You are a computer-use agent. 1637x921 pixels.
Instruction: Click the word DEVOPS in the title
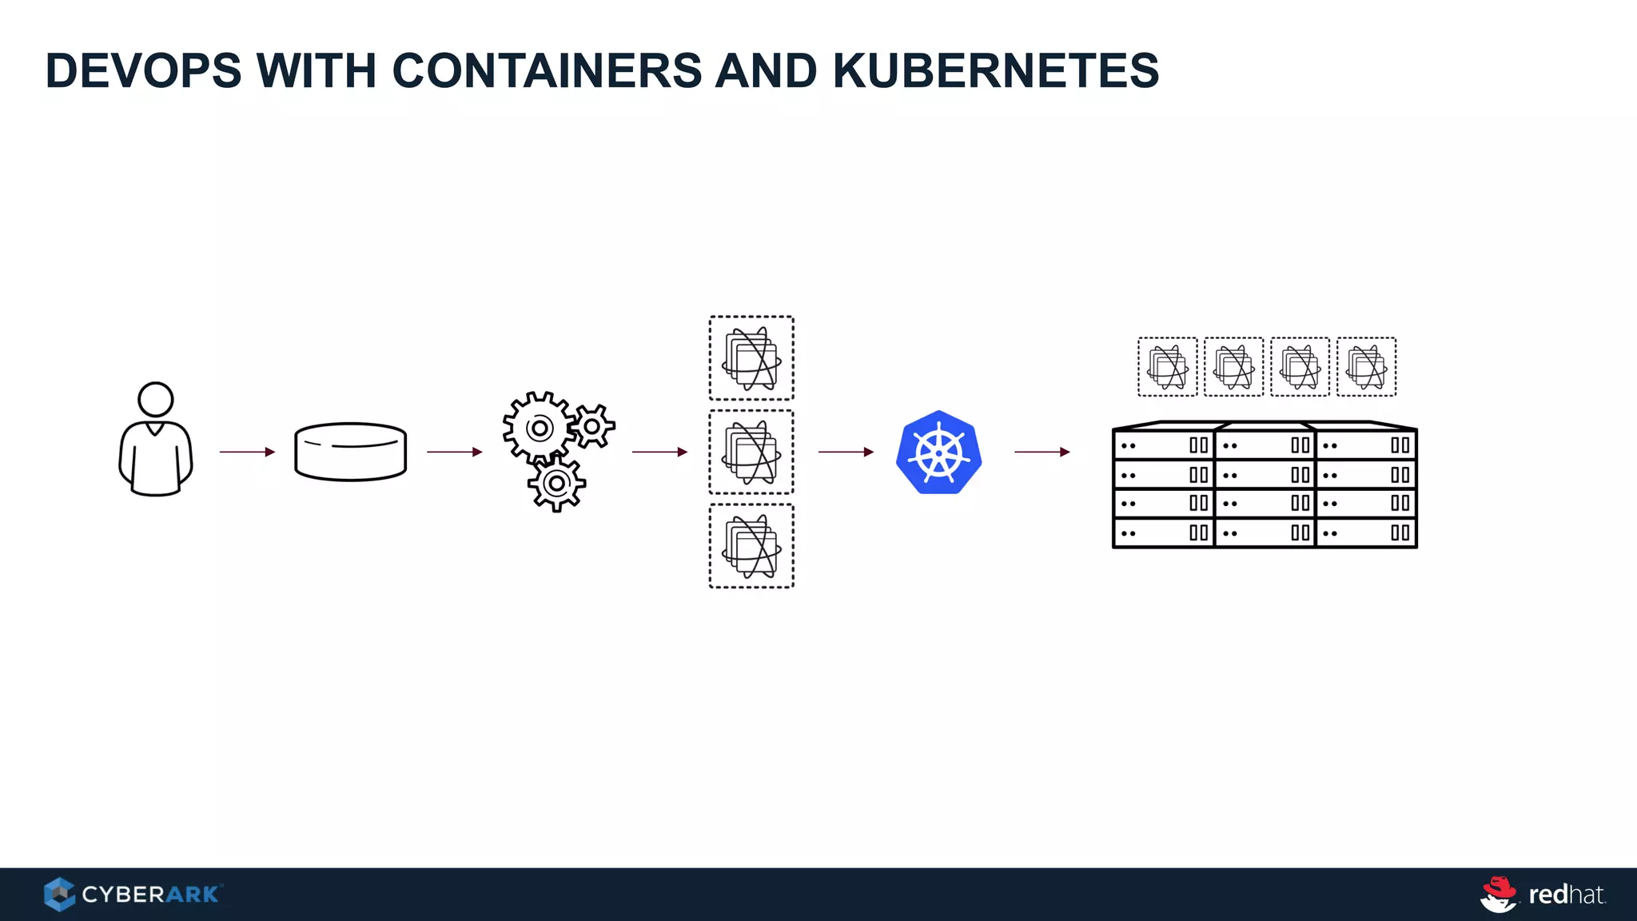144,70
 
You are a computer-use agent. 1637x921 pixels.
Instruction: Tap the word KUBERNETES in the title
995,70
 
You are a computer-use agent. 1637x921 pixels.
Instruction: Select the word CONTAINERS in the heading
546,70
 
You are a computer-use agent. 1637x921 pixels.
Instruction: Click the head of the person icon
156,399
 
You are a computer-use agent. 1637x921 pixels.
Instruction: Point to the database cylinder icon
350,452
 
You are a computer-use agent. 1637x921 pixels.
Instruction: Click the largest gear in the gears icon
540,429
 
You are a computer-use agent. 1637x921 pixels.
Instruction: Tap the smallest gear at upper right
592,426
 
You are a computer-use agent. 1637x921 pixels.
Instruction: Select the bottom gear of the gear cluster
556,483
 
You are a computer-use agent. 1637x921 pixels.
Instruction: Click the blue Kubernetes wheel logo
939,453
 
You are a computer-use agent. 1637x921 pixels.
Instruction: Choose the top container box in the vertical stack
751,358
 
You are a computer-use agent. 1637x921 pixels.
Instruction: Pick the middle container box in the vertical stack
751,453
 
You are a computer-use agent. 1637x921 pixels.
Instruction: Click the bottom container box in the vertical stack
751,546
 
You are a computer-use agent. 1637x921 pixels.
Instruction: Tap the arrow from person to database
247,452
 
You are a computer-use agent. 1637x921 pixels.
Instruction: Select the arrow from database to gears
454,452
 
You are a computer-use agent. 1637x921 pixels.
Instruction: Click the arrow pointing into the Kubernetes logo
846,452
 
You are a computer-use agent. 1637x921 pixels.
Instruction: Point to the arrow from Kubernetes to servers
1042,452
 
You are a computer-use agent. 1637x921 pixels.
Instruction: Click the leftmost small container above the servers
1168,367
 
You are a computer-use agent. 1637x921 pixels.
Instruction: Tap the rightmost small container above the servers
1367,367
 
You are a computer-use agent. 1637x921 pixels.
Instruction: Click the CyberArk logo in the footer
133,894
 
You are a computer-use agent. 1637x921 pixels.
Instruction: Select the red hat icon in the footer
1499,893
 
